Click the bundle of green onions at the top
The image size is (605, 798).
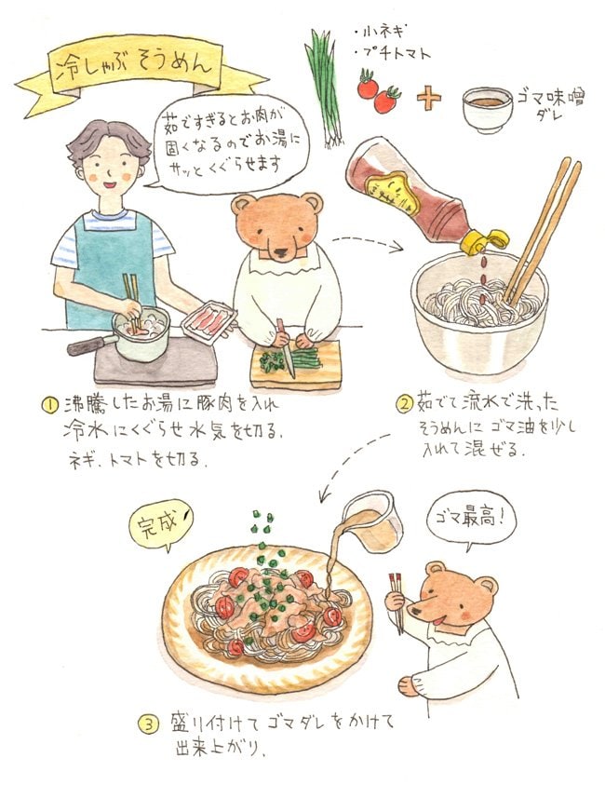coord(323,85)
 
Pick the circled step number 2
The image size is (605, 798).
coord(403,405)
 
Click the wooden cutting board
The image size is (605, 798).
coord(298,365)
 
